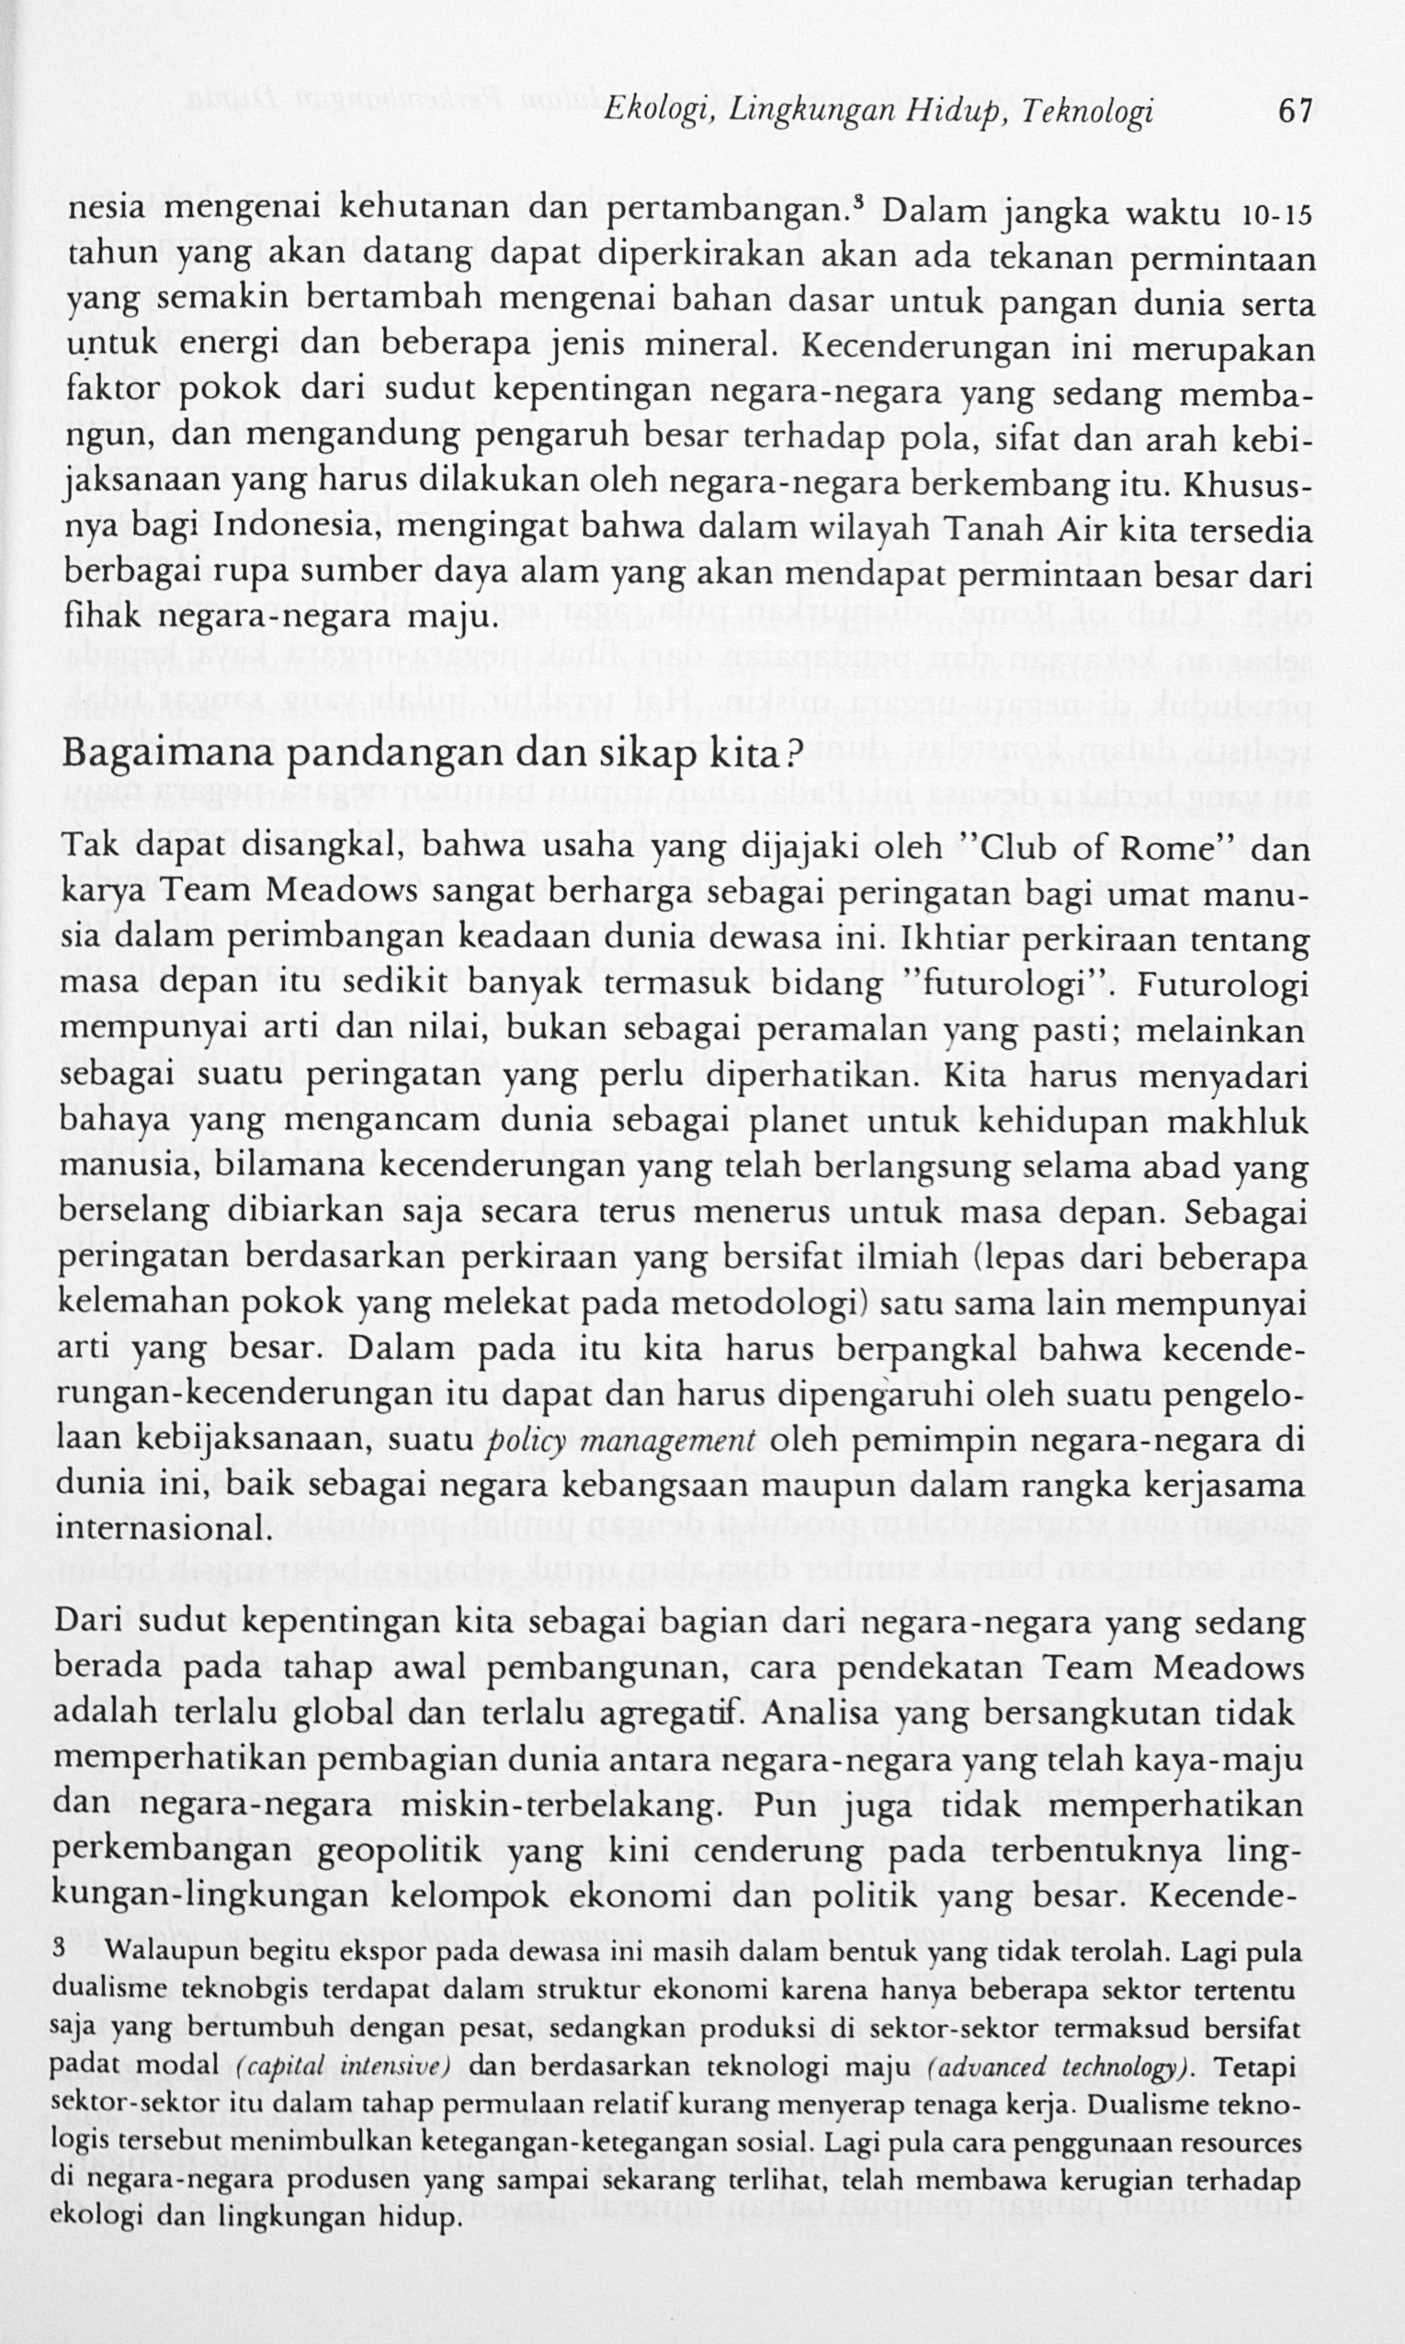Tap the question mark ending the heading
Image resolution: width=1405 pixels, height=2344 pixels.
point(794,757)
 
